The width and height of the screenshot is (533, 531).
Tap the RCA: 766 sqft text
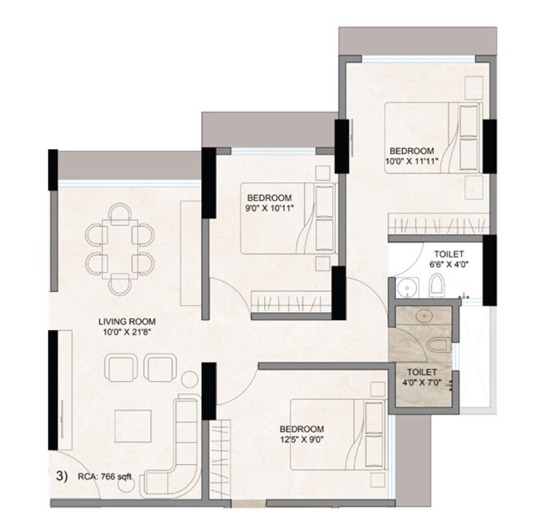tap(102, 475)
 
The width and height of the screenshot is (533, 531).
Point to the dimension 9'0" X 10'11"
tap(270, 208)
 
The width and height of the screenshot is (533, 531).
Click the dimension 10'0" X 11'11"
tap(412, 161)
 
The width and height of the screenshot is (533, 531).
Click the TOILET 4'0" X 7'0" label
tap(421, 378)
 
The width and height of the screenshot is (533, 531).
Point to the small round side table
tap(189, 381)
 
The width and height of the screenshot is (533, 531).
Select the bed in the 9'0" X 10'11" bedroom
tap(287, 218)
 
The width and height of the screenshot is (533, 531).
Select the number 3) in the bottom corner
tap(60, 475)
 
